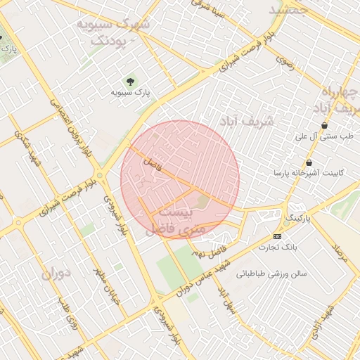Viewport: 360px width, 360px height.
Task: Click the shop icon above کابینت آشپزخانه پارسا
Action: click(x=309, y=162)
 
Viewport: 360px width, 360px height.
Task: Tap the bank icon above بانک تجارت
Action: click(x=277, y=236)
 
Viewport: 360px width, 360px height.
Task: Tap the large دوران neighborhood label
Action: click(x=57, y=273)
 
